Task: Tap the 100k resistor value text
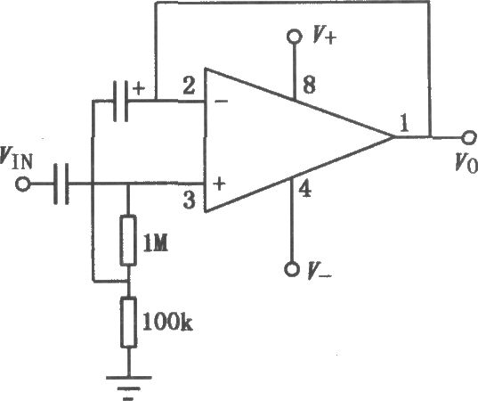167,322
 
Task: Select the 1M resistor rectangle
128,241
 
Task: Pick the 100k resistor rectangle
128,323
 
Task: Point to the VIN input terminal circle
22,184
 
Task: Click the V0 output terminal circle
469,137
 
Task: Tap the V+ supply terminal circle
294,37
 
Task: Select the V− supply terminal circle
291,269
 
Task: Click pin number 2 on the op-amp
189,86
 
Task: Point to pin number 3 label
189,200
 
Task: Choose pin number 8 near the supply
309,85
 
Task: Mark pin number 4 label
304,190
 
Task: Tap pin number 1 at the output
404,124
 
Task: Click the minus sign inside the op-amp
222,101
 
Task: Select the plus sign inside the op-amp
220,184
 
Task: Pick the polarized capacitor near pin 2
121,101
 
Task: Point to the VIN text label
17,158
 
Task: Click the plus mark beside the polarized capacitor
139,89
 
